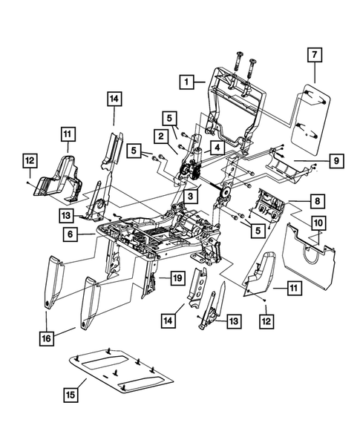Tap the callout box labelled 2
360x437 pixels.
[160, 136]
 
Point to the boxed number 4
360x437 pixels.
[216, 148]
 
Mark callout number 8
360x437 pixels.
[317, 200]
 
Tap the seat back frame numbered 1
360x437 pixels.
[236, 104]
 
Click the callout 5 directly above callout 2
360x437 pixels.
[170, 117]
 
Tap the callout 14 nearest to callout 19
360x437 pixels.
[169, 320]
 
